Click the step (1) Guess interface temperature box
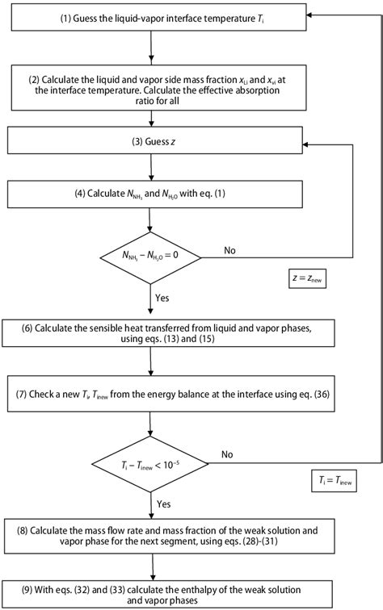click(x=152, y=16)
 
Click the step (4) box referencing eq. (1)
click(x=152, y=195)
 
